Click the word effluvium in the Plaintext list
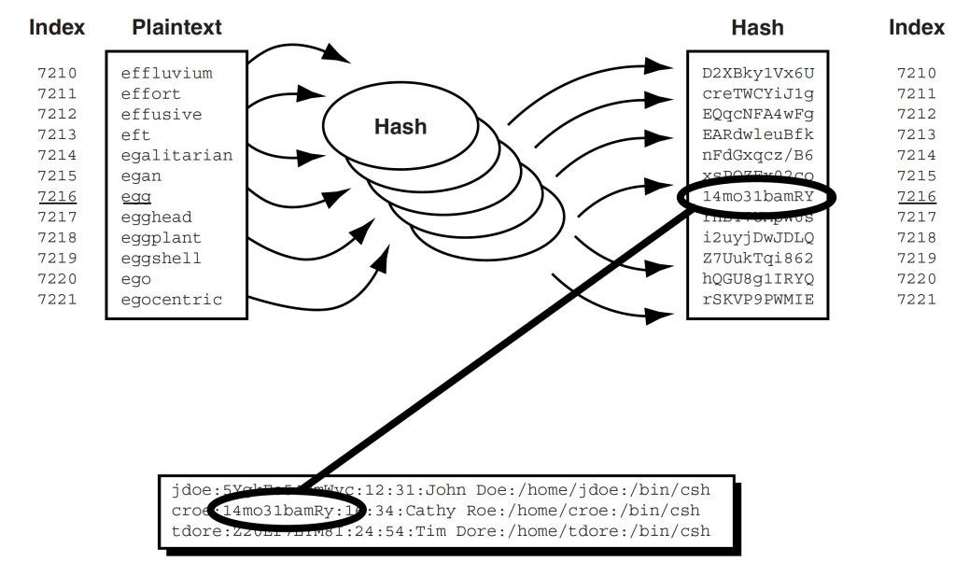166,74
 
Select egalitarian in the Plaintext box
176,155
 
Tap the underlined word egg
135,197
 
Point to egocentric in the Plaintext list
172,300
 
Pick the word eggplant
161,238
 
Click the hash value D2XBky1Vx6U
758,74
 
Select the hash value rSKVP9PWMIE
758,300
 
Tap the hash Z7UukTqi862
758,259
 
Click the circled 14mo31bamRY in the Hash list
758,197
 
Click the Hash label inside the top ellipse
400,126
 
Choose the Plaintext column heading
176,27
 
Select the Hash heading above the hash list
757,27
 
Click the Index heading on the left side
57,27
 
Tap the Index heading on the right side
916,27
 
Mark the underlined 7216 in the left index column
57,197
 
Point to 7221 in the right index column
916,300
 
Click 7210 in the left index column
57,74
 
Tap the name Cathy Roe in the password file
443,511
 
